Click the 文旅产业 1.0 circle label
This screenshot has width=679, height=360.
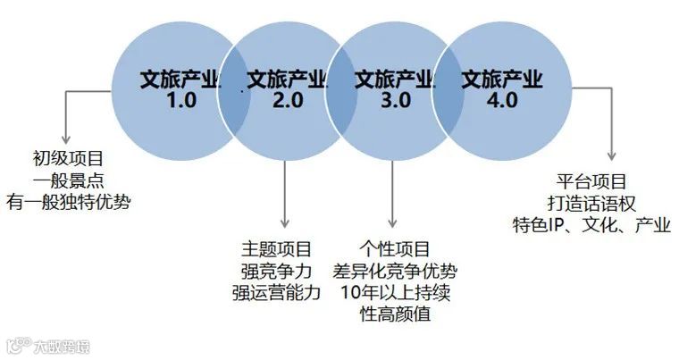click(180, 89)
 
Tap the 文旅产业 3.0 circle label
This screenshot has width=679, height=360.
click(394, 89)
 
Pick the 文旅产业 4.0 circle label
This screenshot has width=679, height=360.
click(502, 89)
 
